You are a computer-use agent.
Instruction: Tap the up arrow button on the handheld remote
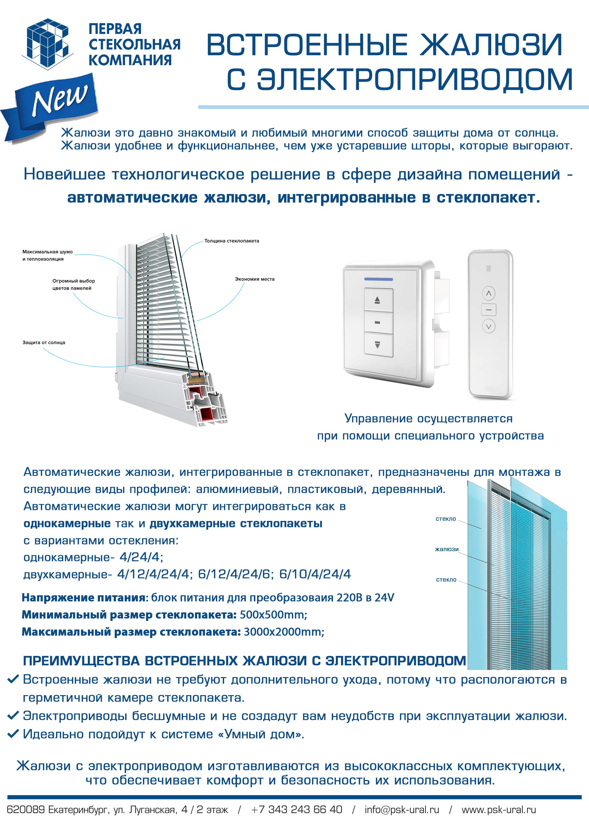(489, 293)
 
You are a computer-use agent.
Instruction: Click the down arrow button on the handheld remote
(489, 326)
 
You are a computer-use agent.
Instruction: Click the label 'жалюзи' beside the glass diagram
(447, 549)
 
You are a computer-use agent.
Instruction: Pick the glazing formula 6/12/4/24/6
(235, 574)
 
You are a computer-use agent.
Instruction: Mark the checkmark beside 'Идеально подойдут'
(13, 734)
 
